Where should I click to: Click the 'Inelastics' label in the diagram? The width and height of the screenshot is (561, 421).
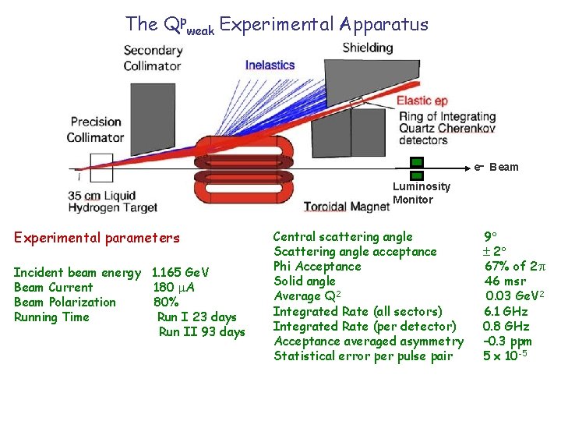pos(270,65)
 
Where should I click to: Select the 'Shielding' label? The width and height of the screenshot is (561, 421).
pos(367,48)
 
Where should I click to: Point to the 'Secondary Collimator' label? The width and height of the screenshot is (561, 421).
pos(153,58)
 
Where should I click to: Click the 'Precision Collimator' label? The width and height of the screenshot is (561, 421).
pos(96,129)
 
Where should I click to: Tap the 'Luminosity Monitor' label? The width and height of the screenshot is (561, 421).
pos(421,193)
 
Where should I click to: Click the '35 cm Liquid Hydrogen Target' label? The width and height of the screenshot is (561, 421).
pos(112,201)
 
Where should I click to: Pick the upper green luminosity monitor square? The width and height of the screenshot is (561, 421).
pos(417,163)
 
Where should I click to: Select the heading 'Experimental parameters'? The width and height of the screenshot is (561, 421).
pos(97,238)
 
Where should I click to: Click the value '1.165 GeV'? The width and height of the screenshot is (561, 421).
pos(181,273)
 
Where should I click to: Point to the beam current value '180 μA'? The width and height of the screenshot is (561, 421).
pos(175,288)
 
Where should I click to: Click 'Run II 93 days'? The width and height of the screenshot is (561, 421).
pos(202,332)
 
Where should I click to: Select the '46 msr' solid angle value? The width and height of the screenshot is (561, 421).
pos(505,281)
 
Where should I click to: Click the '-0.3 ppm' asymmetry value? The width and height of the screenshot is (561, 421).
pos(507,341)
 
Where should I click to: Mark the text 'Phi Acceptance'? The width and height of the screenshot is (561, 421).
pos(317,267)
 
